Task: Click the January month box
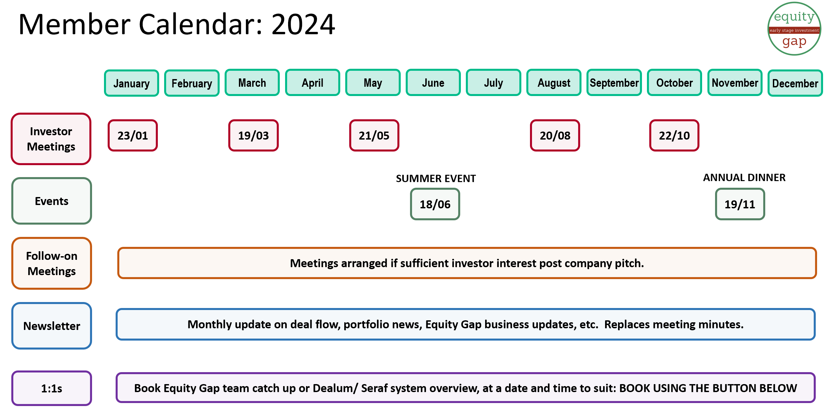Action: tap(132, 83)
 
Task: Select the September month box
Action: tap(614, 83)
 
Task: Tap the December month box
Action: tap(795, 83)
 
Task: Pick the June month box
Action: tap(433, 83)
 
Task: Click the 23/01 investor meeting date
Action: tap(133, 135)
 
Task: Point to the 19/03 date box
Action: tap(254, 135)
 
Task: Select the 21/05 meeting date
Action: tap(374, 135)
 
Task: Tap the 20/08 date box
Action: tap(555, 135)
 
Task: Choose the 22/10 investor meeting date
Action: tap(674, 135)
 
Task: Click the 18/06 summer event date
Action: tap(435, 204)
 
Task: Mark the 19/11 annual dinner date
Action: tap(740, 204)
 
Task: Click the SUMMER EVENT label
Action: tap(436, 178)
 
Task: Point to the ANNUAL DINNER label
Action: tap(744, 177)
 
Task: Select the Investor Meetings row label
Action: tap(51, 139)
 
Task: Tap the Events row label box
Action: tap(52, 201)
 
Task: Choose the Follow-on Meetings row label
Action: tap(52, 263)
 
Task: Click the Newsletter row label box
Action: tap(52, 326)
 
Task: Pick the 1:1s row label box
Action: tap(52, 388)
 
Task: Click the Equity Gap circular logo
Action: tap(794, 29)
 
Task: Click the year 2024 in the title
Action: tap(303, 24)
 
